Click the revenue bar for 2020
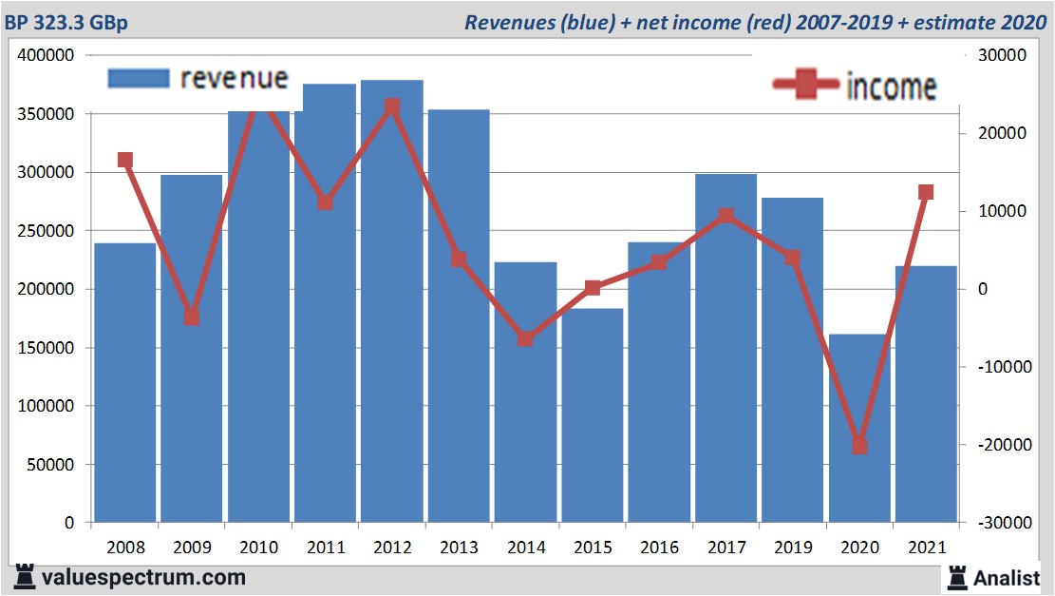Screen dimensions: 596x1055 [859, 428]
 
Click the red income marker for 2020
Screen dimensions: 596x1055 [859, 445]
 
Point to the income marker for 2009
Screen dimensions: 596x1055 [192, 317]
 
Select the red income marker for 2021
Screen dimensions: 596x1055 [926, 192]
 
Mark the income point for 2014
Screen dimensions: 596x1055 [525, 338]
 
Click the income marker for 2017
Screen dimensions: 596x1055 [725, 216]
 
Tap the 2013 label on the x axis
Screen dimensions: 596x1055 [459, 548]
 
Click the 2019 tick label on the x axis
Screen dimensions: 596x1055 [792, 548]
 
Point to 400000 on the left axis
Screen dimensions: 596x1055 [47, 55]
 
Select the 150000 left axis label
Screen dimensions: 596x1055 [47, 348]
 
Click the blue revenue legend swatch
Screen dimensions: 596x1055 [139, 78]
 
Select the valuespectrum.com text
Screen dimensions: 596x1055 [142, 576]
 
